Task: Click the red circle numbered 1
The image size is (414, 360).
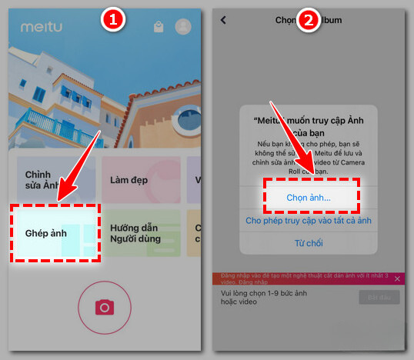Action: pyautogui.click(x=113, y=21)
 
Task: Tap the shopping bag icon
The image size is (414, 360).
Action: pyautogui.click(x=158, y=27)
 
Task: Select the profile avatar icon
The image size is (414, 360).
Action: pyautogui.click(x=183, y=27)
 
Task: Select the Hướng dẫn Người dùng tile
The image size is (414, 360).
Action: pyautogui.click(x=141, y=234)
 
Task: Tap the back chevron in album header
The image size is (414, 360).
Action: pyautogui.click(x=223, y=21)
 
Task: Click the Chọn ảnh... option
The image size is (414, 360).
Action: pyautogui.click(x=309, y=198)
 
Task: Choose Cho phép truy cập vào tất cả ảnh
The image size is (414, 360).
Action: pyautogui.click(x=309, y=221)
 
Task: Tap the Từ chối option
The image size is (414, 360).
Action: pyautogui.click(x=309, y=244)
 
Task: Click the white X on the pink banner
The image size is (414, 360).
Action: pyautogui.click(x=397, y=278)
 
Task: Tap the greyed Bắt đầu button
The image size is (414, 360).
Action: pyautogui.click(x=379, y=297)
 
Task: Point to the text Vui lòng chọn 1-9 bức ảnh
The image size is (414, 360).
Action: pyautogui.click(x=269, y=293)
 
